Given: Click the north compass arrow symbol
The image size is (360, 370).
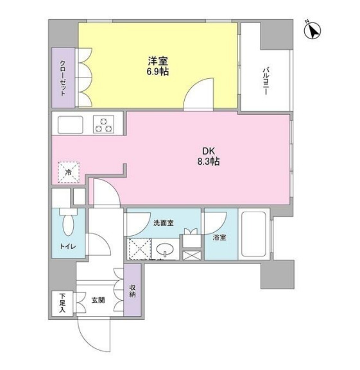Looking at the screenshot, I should coord(313,29).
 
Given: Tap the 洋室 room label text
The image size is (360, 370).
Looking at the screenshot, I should coord(157,62).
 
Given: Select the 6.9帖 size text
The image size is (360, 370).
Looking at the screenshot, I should coord(157,72).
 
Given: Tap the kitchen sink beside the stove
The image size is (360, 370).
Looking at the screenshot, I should coord(69,123).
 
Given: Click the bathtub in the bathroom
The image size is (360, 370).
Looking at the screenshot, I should coord(253,235).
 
